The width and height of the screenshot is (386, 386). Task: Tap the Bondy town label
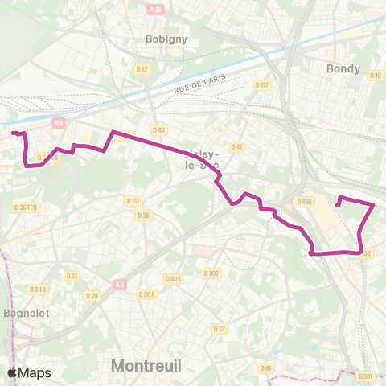tap(343, 68)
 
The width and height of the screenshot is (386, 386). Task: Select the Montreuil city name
tap(146, 366)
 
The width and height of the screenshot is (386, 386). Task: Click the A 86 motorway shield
tap(155, 10)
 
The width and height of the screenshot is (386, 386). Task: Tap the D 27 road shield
tap(143, 69)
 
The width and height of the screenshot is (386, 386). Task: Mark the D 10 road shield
tap(375, 76)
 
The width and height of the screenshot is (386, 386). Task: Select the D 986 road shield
tap(303, 202)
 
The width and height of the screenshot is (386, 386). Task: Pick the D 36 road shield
tap(143, 215)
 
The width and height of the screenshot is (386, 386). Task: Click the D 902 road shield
tap(211, 273)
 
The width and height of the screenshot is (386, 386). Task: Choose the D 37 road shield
tap(220, 328)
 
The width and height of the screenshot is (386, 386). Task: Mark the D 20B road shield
tap(37, 289)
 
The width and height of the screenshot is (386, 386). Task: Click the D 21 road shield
tap(72, 275)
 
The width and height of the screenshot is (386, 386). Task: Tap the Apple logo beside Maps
tap(13, 372)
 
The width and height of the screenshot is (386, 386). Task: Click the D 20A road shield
tap(146, 294)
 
